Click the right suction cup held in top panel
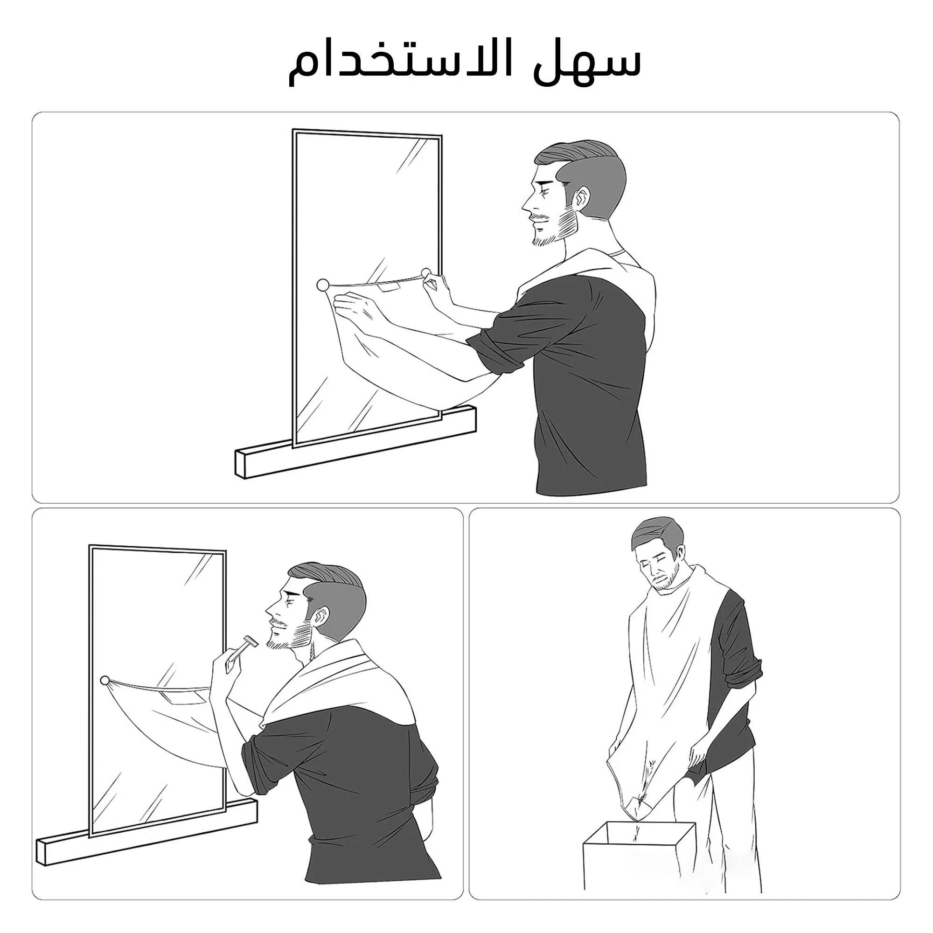[x=426, y=273]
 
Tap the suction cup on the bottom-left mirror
[x=104, y=681]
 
